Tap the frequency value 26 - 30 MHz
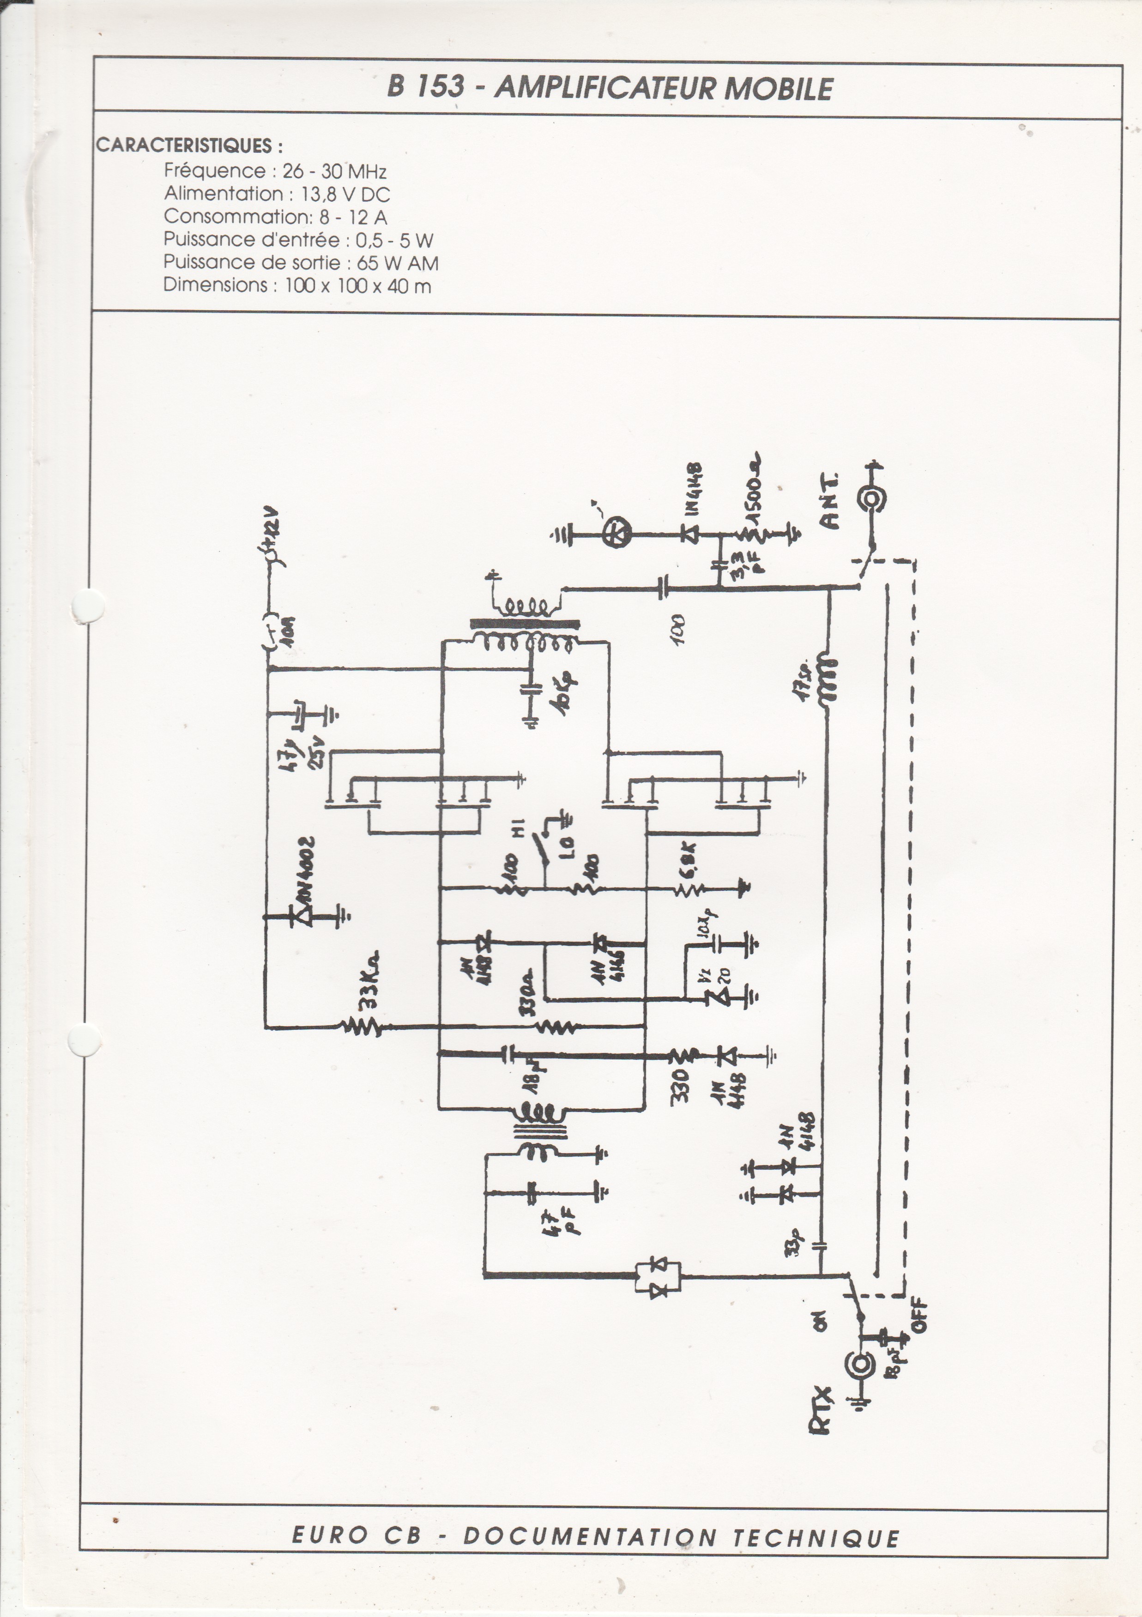coord(335,171)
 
